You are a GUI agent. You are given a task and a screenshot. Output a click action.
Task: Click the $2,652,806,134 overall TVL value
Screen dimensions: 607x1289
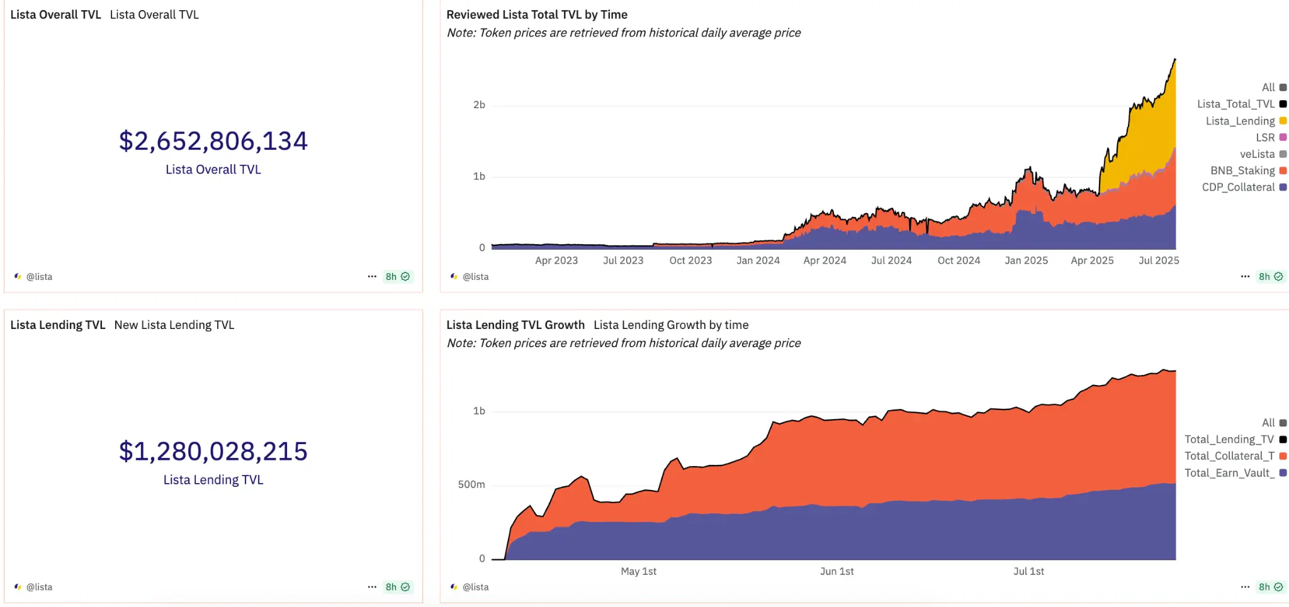(213, 142)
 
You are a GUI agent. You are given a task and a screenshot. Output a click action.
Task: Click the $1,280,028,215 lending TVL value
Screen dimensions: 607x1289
(213, 452)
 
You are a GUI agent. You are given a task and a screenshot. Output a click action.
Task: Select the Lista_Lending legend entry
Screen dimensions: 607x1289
(1240, 121)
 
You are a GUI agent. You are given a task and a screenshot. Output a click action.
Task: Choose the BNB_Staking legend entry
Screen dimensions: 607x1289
(1242, 170)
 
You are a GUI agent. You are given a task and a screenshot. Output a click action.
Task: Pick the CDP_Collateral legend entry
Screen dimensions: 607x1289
(1238, 187)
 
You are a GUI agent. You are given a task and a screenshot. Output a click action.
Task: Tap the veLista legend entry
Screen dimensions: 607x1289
(1257, 154)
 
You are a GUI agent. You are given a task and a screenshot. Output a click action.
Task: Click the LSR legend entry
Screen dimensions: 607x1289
(1265, 137)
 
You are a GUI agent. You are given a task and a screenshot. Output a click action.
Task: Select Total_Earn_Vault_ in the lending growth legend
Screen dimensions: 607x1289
(1229, 473)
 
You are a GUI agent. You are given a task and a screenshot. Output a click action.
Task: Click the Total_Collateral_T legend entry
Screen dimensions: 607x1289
(1229, 456)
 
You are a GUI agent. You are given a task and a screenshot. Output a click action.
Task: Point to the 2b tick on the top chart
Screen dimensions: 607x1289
(479, 105)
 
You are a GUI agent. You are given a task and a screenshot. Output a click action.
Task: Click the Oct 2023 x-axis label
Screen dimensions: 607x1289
(690, 260)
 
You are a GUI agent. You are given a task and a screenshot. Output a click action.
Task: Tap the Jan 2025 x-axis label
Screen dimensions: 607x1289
(1026, 260)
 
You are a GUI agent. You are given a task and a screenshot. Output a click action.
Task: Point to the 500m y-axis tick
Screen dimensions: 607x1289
(471, 484)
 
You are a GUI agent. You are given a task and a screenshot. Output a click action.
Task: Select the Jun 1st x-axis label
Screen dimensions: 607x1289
(836, 571)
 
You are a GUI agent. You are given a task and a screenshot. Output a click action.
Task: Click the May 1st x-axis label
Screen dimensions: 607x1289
(638, 571)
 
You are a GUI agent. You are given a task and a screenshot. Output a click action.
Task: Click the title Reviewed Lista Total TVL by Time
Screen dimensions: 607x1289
(537, 14)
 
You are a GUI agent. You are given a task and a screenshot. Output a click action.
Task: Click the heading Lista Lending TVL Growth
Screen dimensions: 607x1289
(515, 325)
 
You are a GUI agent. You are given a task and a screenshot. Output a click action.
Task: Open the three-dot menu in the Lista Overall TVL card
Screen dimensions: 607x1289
(372, 276)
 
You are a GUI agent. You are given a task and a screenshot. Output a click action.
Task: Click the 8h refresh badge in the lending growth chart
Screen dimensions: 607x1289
(1270, 587)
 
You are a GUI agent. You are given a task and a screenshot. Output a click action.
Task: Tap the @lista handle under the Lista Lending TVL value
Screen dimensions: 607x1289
(39, 587)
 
